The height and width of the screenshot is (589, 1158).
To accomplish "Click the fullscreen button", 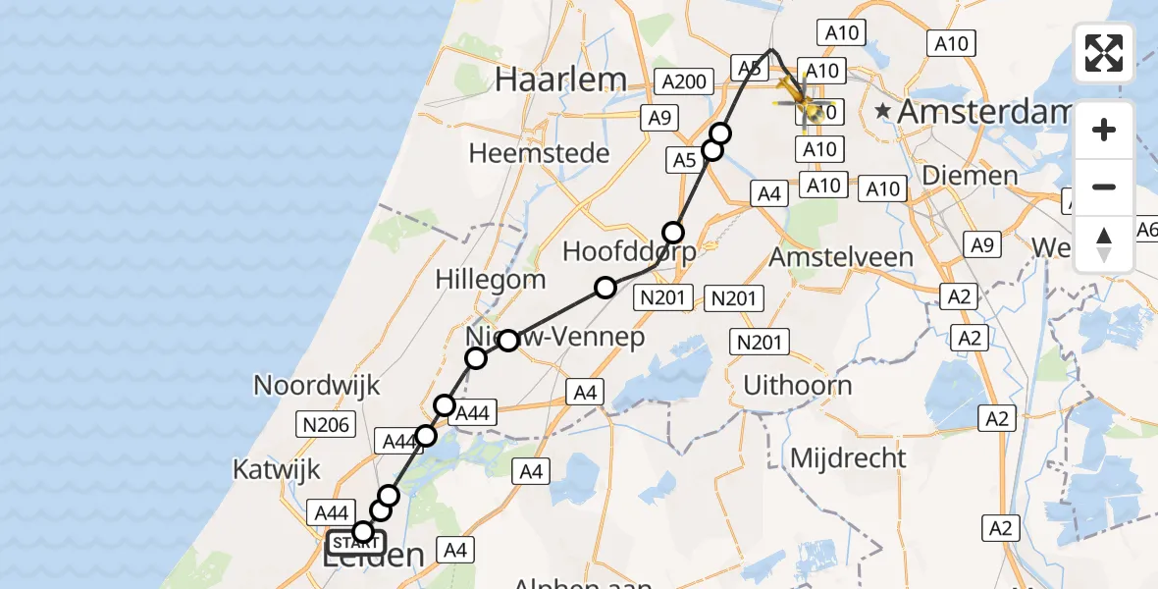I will [1104, 53].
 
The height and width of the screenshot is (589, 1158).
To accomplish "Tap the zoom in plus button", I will [1104, 130].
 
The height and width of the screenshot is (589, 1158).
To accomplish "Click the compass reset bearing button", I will [1104, 243].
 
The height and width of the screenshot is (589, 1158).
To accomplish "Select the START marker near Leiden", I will [356, 542].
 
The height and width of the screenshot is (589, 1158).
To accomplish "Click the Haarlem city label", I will [560, 80].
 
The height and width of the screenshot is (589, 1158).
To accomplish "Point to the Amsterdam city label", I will [981, 112].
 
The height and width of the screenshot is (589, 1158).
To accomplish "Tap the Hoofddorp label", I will [629, 251].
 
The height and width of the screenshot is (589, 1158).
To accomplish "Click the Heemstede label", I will [539, 153].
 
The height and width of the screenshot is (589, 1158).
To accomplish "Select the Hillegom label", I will [492, 279].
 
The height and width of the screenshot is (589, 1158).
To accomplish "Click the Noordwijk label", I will [316, 385].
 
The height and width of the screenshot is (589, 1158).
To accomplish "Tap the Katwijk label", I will [276, 469].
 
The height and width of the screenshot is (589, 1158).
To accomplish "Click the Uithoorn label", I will [797, 385].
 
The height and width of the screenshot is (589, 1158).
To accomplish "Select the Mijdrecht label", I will [848, 457].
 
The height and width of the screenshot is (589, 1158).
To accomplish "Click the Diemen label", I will [971, 176].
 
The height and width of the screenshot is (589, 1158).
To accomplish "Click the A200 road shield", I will [684, 81].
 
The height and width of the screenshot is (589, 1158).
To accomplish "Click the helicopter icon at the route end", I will [802, 98].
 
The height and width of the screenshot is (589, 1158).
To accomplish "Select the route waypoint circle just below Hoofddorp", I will [605, 288].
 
